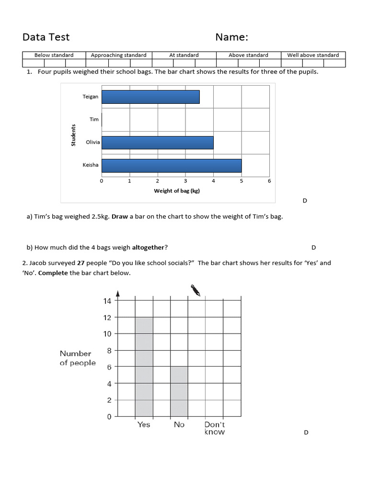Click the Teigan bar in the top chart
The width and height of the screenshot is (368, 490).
[x=150, y=97]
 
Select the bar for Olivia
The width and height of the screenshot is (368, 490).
[x=157, y=142]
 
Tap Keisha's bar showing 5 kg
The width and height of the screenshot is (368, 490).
[x=172, y=165]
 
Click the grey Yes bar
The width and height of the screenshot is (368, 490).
[x=144, y=367]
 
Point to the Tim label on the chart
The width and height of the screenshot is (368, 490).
[x=94, y=119]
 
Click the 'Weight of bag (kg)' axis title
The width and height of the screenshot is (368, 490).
[x=176, y=191]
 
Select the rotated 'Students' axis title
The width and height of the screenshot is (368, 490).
[x=74, y=135]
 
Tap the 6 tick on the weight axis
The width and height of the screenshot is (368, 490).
[x=269, y=181]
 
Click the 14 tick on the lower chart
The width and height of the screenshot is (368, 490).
[x=106, y=301]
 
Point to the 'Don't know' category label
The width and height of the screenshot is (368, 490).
[x=214, y=428]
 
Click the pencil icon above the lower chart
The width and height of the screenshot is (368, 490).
[x=195, y=290]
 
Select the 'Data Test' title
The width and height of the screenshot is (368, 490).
[x=46, y=37]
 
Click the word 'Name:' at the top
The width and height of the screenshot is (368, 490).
[x=231, y=37]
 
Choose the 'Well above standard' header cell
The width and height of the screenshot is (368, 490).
[x=313, y=55]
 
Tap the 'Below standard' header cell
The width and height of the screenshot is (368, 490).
[x=54, y=55]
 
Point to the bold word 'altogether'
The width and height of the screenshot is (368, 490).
[x=148, y=247]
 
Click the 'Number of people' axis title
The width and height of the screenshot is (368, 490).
[x=77, y=358]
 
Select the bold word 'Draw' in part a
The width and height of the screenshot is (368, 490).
[x=120, y=216]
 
